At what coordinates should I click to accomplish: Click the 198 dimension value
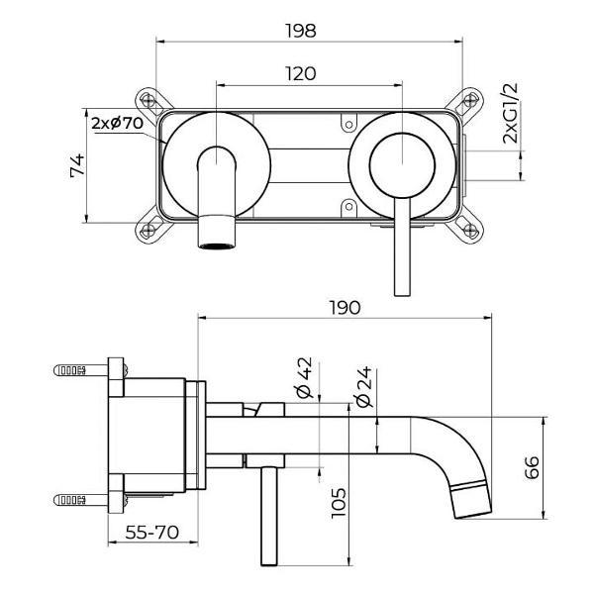(x=302, y=29)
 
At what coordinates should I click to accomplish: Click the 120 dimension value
(x=301, y=73)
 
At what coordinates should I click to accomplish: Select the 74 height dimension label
(x=77, y=165)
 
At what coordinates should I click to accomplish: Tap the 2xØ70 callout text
(x=118, y=124)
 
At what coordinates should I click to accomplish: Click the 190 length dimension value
(x=345, y=307)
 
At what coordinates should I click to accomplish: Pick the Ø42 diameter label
(x=304, y=377)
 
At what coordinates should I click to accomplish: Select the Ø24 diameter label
(x=362, y=385)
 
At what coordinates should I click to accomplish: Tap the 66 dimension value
(x=533, y=465)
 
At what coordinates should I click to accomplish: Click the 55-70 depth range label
(x=150, y=532)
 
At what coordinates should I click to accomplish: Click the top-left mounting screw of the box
(x=148, y=99)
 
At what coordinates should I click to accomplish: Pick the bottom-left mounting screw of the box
(x=148, y=231)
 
